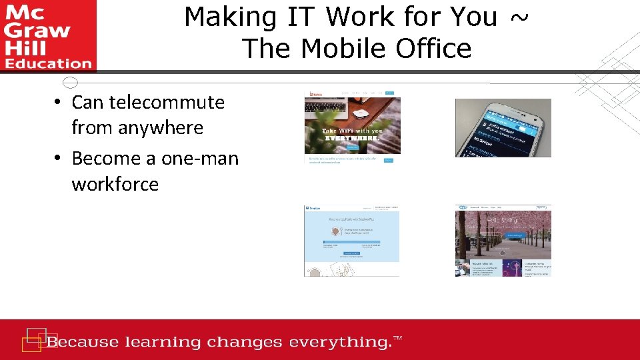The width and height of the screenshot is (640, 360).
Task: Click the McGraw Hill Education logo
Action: (x=48, y=35)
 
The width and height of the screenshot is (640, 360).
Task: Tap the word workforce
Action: (x=115, y=183)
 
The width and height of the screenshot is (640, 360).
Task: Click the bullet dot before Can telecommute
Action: (x=59, y=103)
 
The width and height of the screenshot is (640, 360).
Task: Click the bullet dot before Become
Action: (x=59, y=159)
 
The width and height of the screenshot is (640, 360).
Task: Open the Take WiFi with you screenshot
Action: (x=352, y=127)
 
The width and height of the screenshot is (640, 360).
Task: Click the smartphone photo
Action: (x=503, y=128)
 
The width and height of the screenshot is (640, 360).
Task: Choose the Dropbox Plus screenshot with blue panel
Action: (x=352, y=241)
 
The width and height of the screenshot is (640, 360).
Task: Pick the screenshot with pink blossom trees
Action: (x=503, y=241)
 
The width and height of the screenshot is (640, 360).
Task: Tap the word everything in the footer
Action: (x=337, y=343)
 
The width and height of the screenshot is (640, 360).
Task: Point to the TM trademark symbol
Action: (x=398, y=339)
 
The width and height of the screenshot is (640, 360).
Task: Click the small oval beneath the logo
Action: (x=70, y=83)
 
